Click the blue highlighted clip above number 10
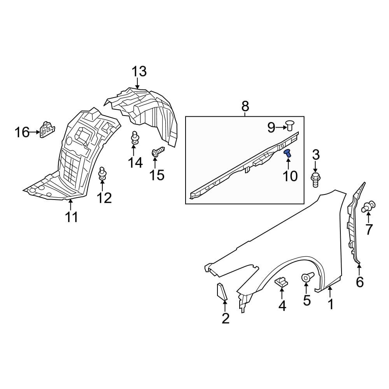coord(288,153)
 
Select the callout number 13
coord(138,72)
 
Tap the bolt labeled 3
coord(315,180)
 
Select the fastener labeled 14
coord(134,138)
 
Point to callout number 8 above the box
coord(245,105)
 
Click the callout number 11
coord(72,217)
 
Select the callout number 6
coord(360,282)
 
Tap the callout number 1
coord(331,304)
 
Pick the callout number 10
coord(290,176)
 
